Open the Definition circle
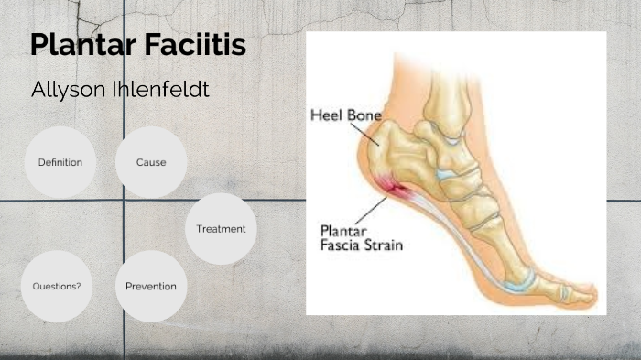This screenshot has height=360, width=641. tap(60, 162)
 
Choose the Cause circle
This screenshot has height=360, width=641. tap(151, 162)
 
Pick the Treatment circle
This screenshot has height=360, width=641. tap(221, 228)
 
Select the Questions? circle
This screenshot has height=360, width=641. tap(57, 286)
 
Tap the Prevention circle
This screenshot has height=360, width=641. tap(151, 286)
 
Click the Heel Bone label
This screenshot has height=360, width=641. tap(345, 115)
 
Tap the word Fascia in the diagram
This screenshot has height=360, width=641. tap(341, 245)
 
